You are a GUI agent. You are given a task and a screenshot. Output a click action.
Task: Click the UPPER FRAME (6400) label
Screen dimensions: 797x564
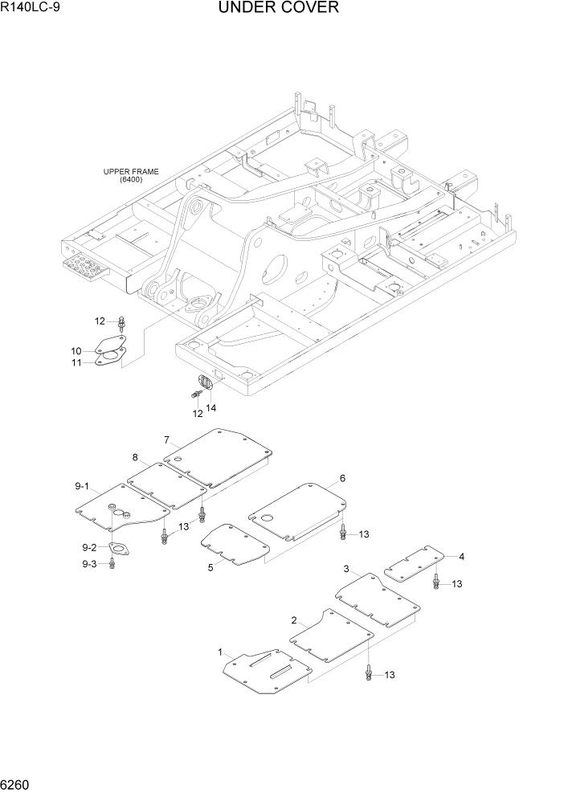(x=130, y=176)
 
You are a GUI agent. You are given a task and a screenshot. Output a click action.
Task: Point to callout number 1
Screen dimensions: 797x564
(x=220, y=652)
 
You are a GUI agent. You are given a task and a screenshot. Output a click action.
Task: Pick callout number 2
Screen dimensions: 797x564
(x=294, y=620)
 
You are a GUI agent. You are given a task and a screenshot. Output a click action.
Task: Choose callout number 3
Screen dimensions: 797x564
(x=346, y=569)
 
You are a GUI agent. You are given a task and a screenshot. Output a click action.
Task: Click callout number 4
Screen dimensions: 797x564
(x=461, y=556)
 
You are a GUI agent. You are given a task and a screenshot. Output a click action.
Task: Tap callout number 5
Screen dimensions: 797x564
(x=210, y=567)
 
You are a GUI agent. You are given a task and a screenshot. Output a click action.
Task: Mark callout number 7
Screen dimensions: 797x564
(x=166, y=439)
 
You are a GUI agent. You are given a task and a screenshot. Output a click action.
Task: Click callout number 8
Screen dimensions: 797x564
(x=136, y=457)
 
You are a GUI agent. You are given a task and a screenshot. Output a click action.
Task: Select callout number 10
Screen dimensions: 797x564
(x=76, y=350)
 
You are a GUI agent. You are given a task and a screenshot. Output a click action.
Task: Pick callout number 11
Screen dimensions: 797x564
(x=76, y=363)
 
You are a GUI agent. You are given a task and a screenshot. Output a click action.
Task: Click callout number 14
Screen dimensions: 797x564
(x=211, y=408)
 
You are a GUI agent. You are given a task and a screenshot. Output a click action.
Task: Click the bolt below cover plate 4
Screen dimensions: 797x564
(x=436, y=582)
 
